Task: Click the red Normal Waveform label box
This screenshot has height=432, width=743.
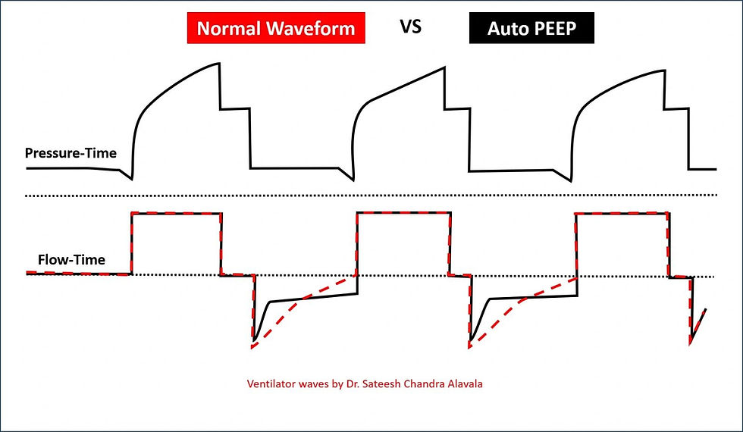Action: coord(275,30)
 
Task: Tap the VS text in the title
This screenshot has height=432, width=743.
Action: coord(410,28)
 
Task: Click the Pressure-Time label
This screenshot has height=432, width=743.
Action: coord(71,153)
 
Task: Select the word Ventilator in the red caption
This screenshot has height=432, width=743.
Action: coord(272,383)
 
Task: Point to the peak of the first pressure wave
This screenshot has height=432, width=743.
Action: coord(218,62)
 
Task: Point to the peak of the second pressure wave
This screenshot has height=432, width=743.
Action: coord(444,68)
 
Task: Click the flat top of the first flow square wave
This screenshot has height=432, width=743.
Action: coord(176,214)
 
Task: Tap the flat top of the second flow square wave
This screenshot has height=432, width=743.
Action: coord(403,214)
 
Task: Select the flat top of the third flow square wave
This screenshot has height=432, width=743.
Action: coord(622,214)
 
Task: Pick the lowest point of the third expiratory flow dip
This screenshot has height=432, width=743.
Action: coord(691,343)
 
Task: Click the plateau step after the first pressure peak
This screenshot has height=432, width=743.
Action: coord(235,109)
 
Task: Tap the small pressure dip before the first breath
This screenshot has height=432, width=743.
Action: coord(130,179)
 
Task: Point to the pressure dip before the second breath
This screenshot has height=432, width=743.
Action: coord(353,180)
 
